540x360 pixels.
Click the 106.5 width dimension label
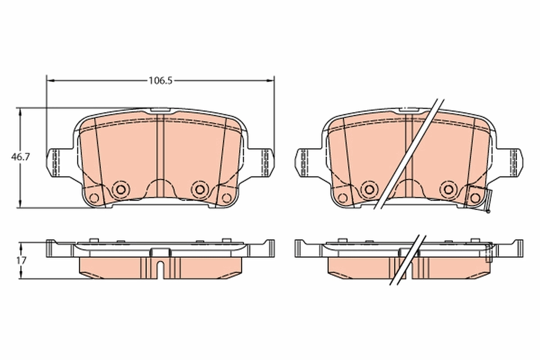pos(161,81)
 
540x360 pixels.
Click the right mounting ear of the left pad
pos(265,162)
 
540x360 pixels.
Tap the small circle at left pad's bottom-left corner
pos(94,197)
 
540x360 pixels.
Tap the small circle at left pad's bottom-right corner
pos(226,197)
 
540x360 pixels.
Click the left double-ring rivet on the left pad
pos(120,189)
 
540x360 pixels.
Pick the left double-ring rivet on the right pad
pos(369,189)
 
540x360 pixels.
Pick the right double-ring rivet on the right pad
pos(448,189)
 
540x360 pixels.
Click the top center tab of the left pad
pos(160,109)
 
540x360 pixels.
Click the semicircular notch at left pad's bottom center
pos(160,187)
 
